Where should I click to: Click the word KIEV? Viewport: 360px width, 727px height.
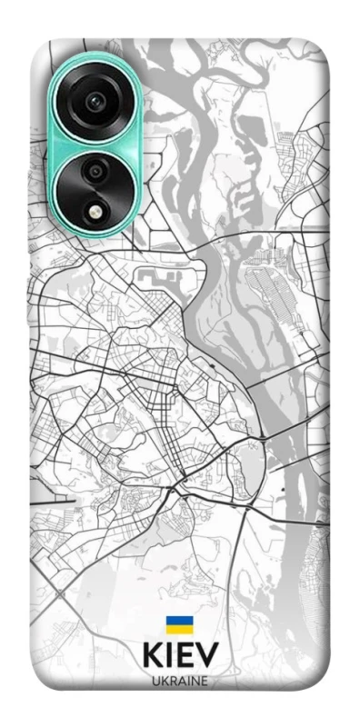point(179,656)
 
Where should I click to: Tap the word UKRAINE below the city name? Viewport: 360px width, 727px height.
point(179,680)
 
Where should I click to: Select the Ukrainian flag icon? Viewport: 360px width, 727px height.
point(179,624)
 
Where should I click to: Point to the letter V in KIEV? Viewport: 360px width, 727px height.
point(206,656)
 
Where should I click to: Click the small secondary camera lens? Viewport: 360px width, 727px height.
point(94,171)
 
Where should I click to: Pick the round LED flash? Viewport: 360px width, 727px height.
point(95,211)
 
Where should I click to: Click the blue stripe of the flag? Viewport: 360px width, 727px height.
point(179,621)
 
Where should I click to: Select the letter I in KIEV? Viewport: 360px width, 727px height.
point(168,656)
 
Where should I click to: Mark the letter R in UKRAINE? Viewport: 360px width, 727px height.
point(171,680)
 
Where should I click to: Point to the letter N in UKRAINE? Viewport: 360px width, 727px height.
point(195,680)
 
